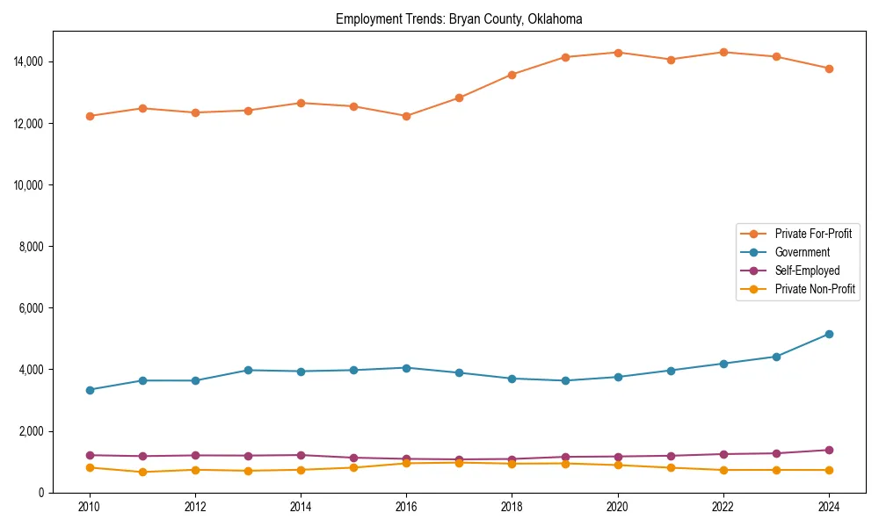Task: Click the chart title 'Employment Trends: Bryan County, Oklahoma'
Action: pyautogui.click(x=459, y=18)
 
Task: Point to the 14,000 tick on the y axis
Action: pyautogui.click(x=29, y=61)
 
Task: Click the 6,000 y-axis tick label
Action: pyautogui.click(x=32, y=308)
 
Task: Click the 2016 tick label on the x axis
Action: pyautogui.click(x=406, y=507)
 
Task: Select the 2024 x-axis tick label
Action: pyautogui.click(x=829, y=507)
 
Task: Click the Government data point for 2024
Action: pyautogui.click(x=829, y=334)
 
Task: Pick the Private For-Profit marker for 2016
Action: pyautogui.click(x=406, y=116)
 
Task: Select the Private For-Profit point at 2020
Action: pyautogui.click(x=618, y=53)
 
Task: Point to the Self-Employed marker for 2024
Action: pyautogui.click(x=829, y=450)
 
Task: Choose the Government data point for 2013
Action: pyautogui.click(x=248, y=370)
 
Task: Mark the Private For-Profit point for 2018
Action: pyautogui.click(x=512, y=75)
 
